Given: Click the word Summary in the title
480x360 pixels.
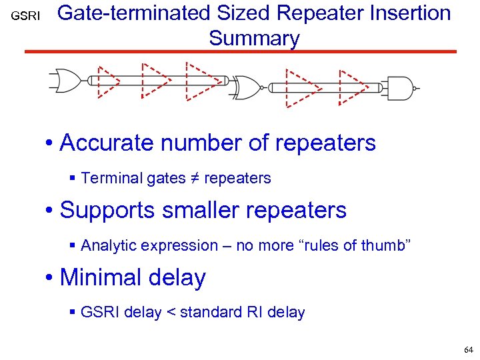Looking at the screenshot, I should pos(254,38).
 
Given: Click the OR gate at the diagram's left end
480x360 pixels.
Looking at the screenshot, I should pos(64,81).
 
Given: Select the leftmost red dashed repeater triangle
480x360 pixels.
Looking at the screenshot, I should pos(107,81).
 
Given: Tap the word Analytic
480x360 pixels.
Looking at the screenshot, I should pos(105,245).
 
